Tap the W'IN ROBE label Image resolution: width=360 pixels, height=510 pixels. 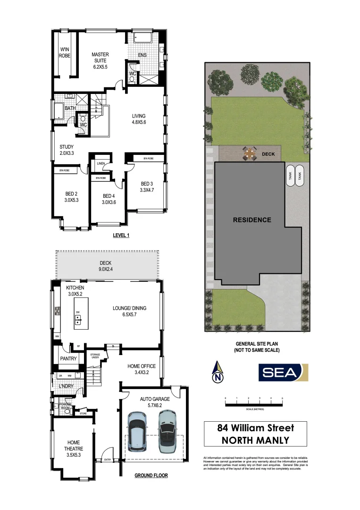[65, 52]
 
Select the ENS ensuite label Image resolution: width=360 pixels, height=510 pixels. [142, 55]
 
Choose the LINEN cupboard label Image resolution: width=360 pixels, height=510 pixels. [100, 163]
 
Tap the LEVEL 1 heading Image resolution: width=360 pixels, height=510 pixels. [121, 235]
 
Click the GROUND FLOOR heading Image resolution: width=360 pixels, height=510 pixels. [151, 476]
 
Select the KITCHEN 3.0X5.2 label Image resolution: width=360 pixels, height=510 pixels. [75, 290]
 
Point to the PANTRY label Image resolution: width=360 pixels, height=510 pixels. [68, 359]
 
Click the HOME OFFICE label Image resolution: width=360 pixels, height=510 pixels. [142, 369]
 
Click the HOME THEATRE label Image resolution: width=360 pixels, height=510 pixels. [74, 445]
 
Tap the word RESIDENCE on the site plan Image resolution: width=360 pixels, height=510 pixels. [252, 220]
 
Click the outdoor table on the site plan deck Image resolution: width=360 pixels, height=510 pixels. [250, 153]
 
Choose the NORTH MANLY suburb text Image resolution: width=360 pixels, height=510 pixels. [255, 441]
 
